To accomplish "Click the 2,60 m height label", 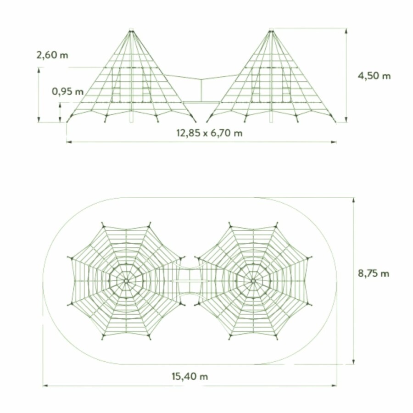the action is point(52,55).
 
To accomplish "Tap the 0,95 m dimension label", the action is point(68,91).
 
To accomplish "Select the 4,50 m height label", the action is point(374,76).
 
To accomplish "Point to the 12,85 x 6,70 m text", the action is point(209,133).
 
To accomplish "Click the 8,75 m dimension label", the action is point(374,273).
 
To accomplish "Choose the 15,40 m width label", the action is point(190,376).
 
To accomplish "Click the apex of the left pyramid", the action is point(131,31).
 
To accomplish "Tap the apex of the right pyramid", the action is point(271,31).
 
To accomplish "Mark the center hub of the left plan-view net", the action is point(126,281).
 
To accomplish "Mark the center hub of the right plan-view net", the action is point(253,281).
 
